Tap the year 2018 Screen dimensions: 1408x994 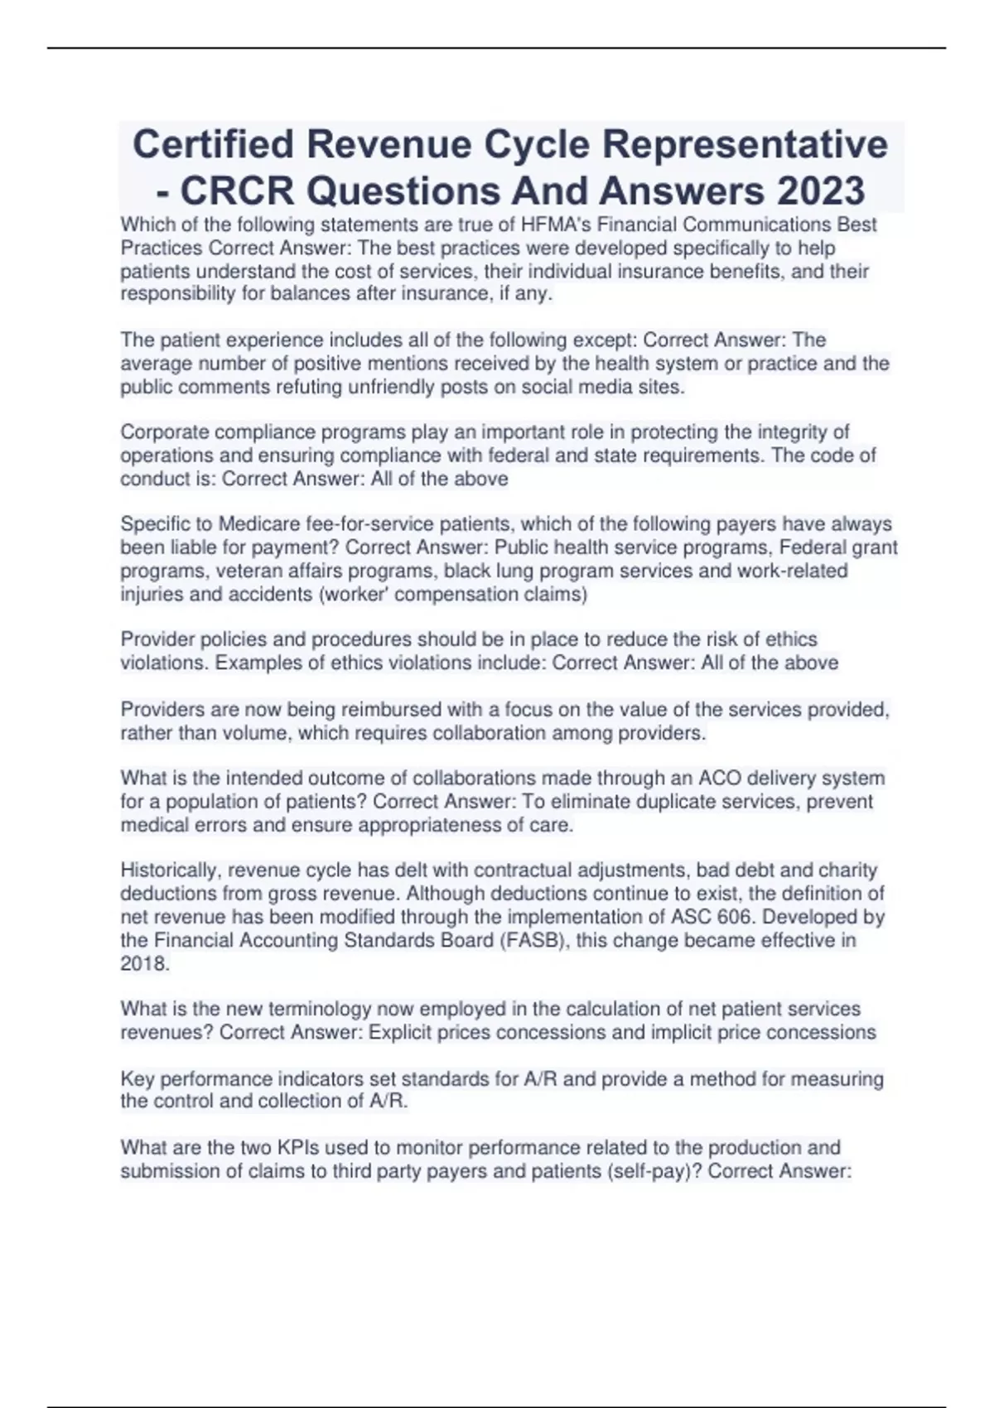pos(144,964)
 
